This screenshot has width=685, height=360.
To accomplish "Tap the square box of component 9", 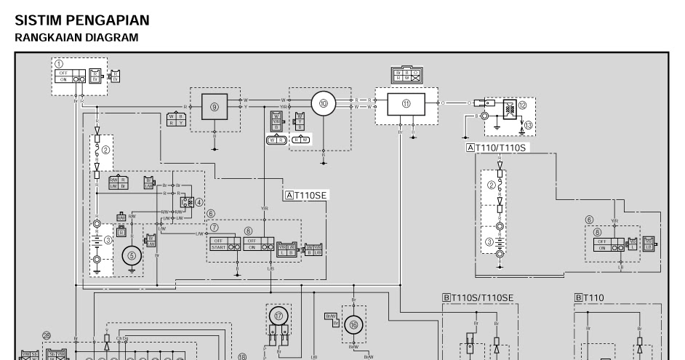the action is [214, 107].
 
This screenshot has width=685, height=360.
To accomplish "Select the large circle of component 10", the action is [324, 104].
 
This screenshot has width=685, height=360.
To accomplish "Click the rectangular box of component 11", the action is [406, 104].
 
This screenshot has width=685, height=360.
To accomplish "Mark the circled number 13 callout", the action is [529, 124].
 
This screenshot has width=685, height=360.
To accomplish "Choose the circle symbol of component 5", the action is [132, 255].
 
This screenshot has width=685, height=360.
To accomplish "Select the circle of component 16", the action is [353, 325].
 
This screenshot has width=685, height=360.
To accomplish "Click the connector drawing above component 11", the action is [406, 75].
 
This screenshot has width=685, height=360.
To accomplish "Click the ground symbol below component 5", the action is [132, 270].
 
